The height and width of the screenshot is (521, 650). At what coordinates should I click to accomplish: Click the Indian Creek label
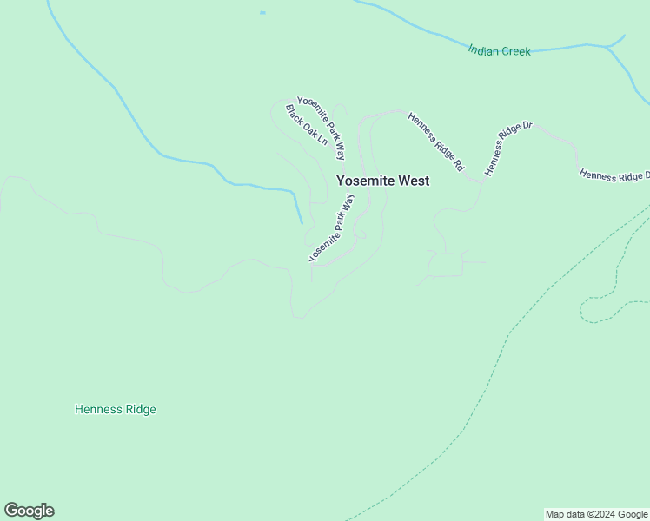(499, 51)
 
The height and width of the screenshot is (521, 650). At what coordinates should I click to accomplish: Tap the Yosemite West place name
(382, 181)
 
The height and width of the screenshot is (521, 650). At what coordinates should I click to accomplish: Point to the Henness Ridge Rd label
(436, 142)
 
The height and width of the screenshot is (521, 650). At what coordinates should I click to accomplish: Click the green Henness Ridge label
(116, 409)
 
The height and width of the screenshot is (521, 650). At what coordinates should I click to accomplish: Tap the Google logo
(29, 511)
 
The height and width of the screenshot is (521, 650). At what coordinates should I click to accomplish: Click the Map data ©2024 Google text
(597, 514)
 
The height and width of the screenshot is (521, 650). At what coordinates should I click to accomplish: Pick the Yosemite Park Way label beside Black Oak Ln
(322, 128)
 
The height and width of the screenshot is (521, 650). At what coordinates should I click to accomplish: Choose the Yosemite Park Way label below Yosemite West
(333, 228)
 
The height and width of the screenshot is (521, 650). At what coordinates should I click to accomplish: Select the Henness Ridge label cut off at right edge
(614, 175)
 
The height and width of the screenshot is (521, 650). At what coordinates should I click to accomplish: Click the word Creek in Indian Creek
(516, 51)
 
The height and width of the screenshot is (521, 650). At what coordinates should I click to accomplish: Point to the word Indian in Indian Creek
(483, 50)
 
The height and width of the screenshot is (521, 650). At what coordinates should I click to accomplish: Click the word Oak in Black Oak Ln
(307, 126)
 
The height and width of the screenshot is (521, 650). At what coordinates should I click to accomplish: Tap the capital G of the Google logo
(11, 511)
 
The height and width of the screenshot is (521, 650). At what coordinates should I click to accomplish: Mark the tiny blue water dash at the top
(262, 13)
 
